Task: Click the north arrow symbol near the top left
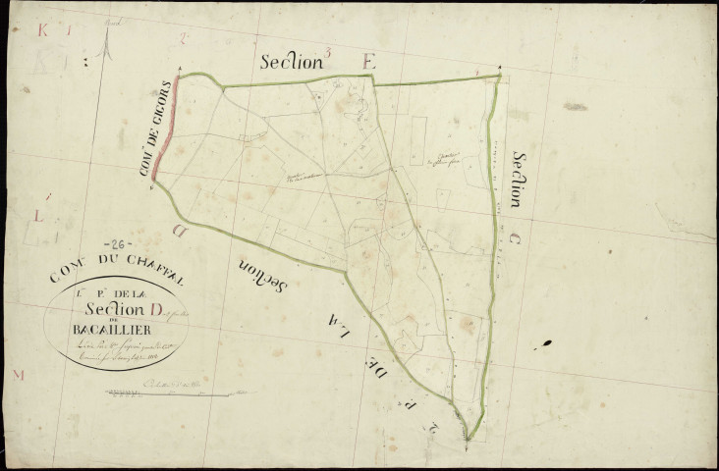tap(106, 45)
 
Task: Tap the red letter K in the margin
tap(42, 30)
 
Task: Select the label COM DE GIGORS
tap(156, 130)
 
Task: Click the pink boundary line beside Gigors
tap(166, 132)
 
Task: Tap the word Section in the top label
tap(292, 61)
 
